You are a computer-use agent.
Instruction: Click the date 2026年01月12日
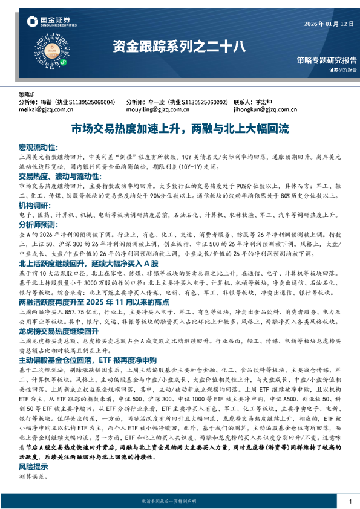tap(329, 24)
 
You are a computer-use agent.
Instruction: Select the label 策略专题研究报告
tap(327, 60)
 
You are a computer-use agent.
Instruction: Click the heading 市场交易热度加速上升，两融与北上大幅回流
tap(180, 129)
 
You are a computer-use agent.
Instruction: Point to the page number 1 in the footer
tap(350, 502)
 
